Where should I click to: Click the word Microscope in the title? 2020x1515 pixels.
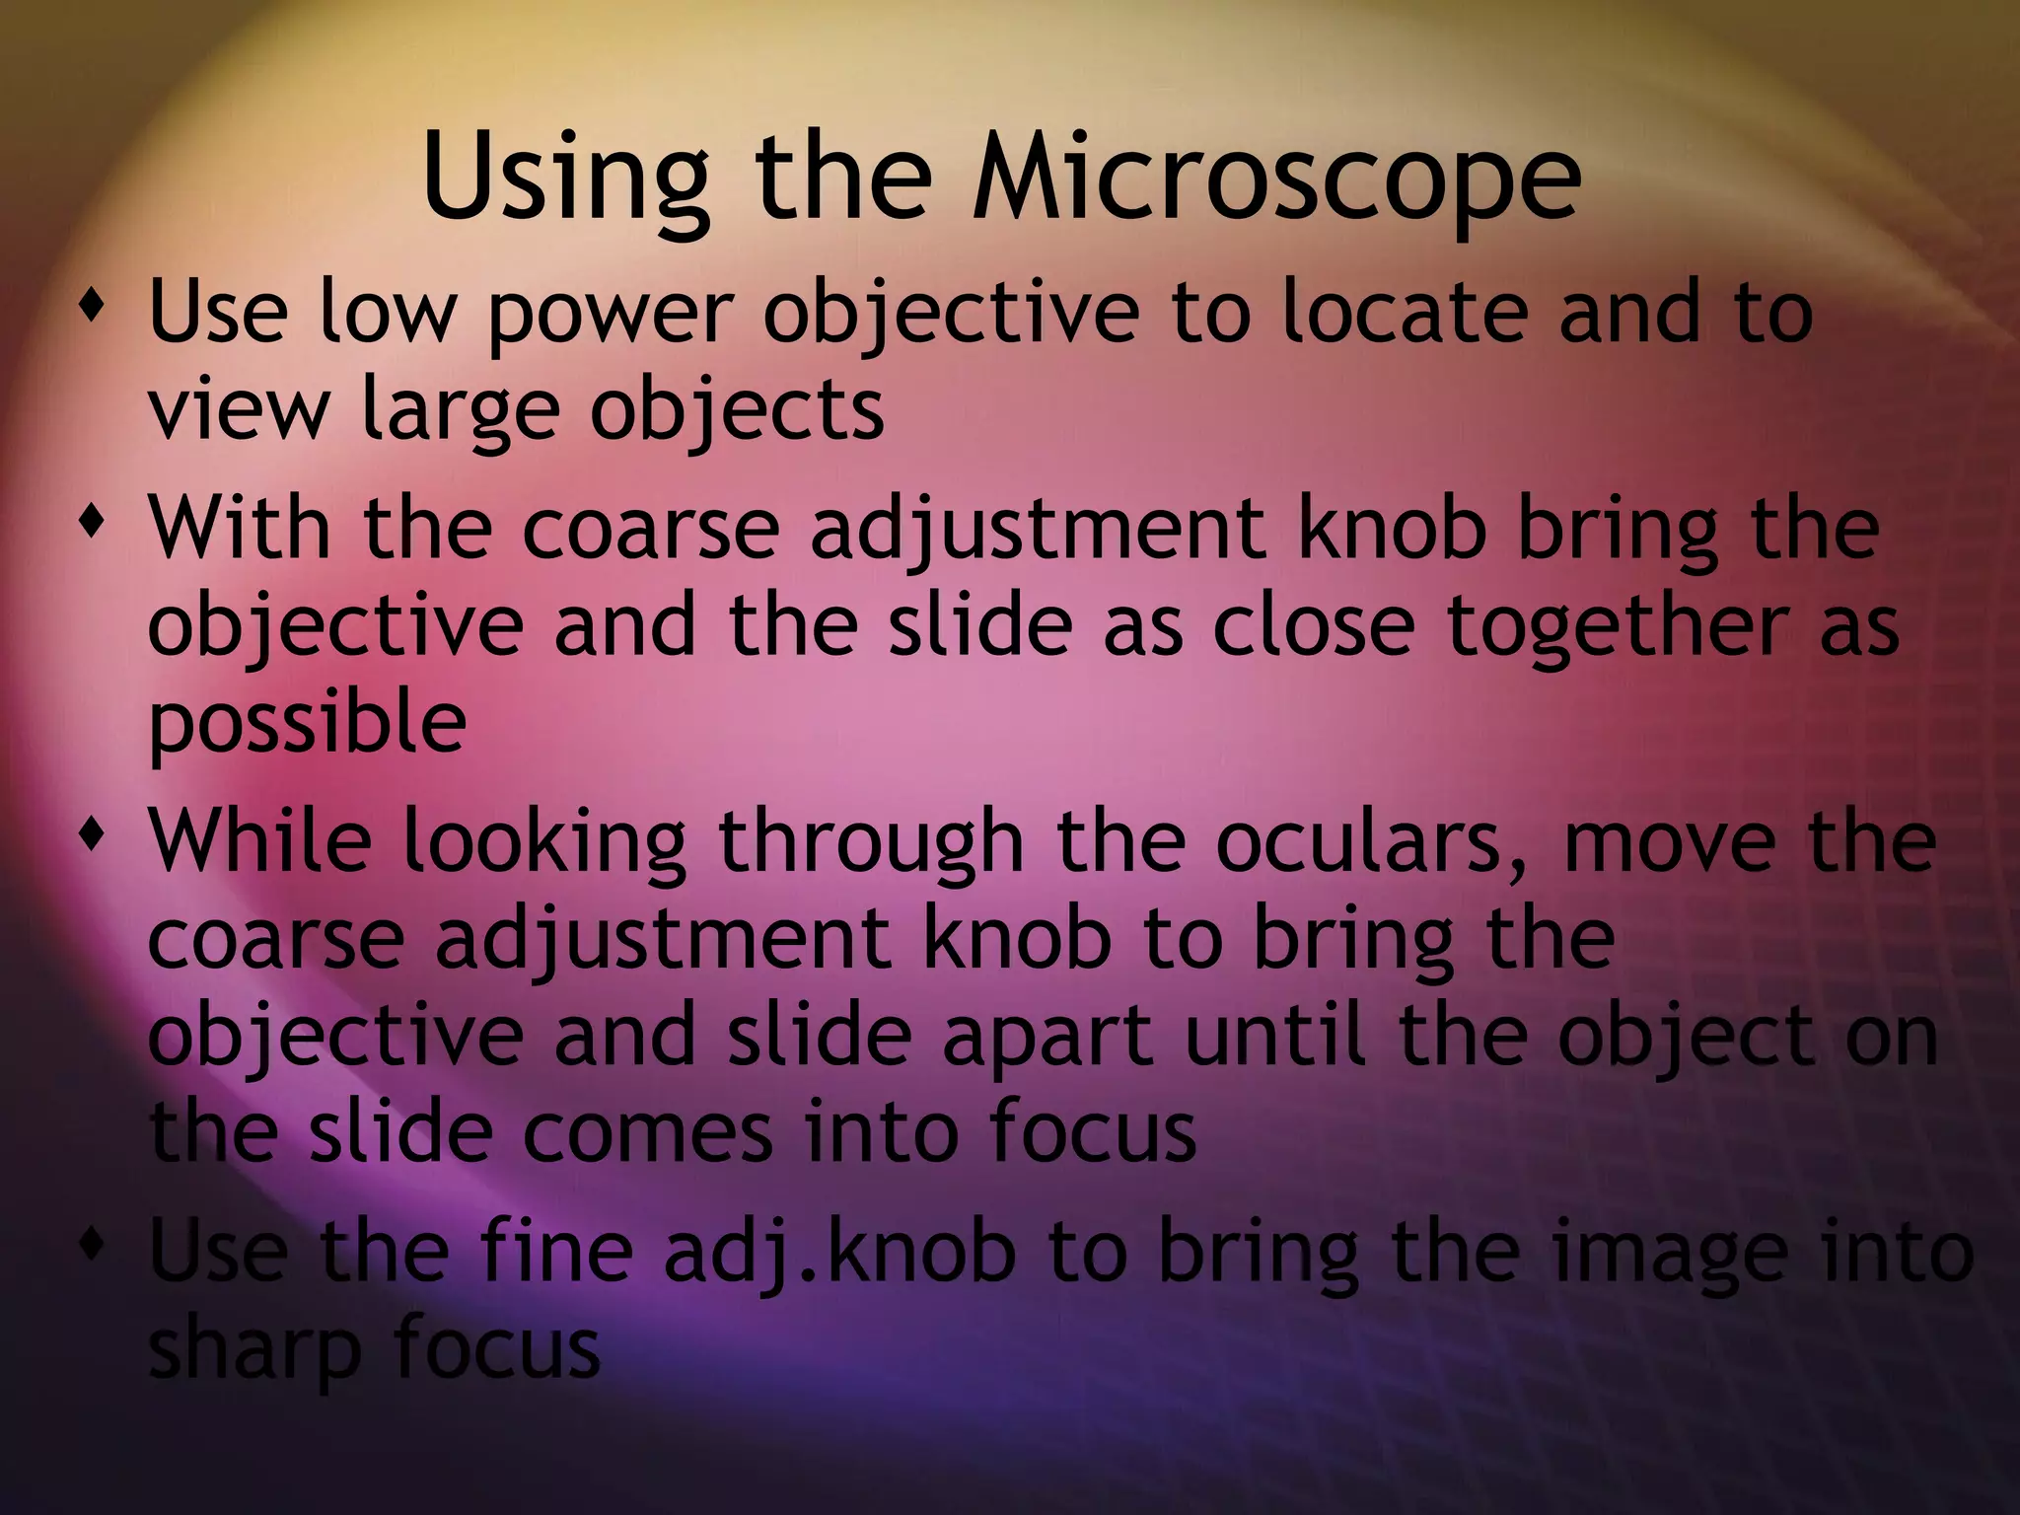[x=1276, y=178]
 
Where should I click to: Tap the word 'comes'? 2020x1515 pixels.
[x=647, y=1134]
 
